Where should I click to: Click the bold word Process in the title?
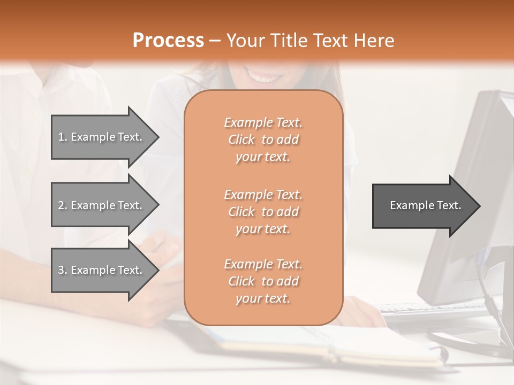[168, 41]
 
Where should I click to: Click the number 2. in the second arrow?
[63, 205]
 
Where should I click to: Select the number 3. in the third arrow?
[63, 270]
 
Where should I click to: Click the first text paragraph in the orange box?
[263, 140]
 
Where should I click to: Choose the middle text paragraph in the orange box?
[263, 212]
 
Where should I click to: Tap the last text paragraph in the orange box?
[263, 281]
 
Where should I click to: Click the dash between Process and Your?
[215, 41]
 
